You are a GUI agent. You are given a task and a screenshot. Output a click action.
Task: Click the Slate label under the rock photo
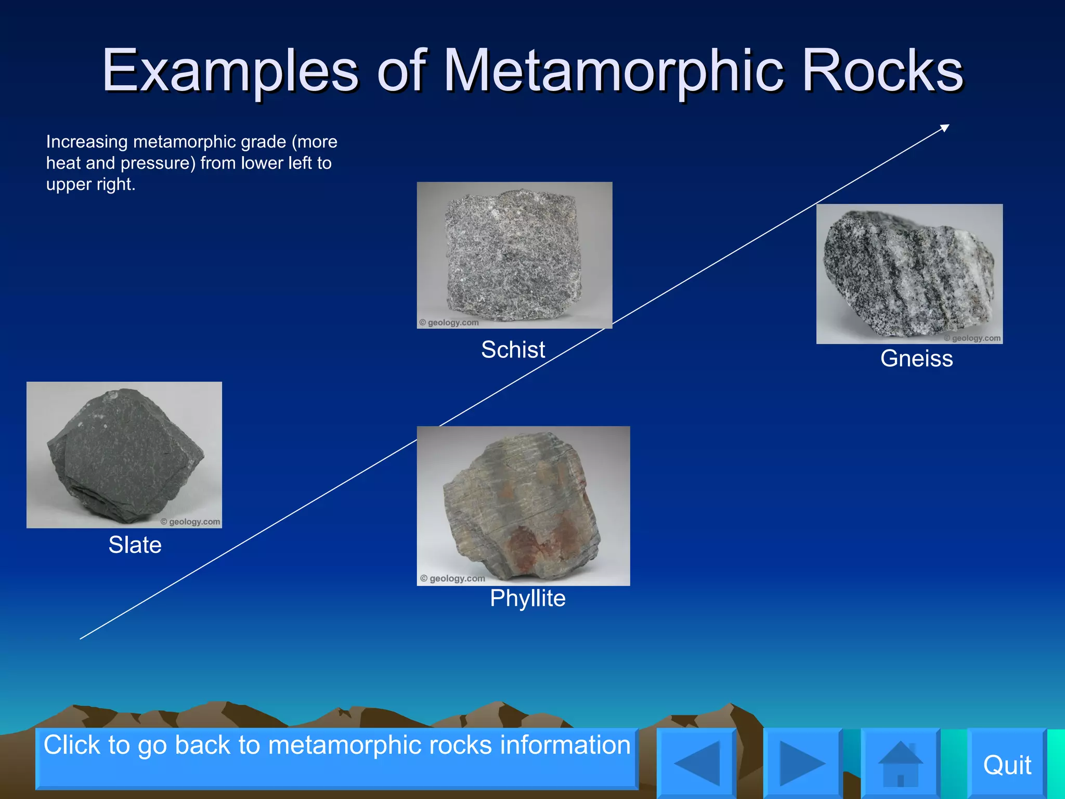pos(135,545)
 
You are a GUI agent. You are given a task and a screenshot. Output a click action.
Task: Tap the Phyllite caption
pos(527,598)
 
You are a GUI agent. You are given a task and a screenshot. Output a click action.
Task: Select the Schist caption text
pos(513,350)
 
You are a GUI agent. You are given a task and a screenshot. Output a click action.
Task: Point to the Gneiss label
pos(916,358)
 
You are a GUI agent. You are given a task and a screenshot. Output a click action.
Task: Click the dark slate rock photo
pos(124,455)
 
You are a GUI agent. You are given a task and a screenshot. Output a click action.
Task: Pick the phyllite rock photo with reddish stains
pos(523,506)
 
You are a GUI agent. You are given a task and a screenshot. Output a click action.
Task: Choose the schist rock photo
pos(514,255)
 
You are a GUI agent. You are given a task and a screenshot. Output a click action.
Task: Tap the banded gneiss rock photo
pos(909,274)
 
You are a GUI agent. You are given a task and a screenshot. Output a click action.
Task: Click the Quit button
pos(1007,765)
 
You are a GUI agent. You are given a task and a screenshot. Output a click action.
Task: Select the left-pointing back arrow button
pos(697,763)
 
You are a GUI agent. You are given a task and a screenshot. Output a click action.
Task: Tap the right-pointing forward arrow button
pos(802,763)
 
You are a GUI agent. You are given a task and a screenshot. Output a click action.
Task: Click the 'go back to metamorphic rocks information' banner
pos(336,758)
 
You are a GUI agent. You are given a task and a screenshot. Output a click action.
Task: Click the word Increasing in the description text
pos(87,141)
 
